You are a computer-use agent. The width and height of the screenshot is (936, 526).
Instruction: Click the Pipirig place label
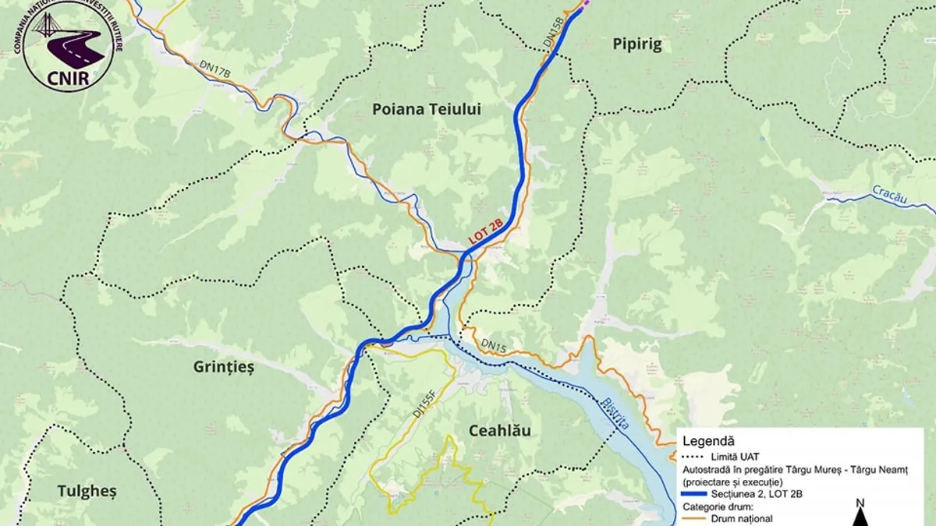coord(637,44)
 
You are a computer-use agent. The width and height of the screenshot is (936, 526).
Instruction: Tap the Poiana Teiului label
coord(426,110)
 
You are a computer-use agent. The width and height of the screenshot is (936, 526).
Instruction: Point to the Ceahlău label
coord(500,431)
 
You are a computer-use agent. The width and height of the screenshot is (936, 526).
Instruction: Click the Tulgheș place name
coord(87,491)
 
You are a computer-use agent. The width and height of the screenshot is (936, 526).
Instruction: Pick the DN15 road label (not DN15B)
coord(494,344)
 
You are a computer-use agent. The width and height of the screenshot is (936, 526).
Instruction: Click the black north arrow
coord(860,516)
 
